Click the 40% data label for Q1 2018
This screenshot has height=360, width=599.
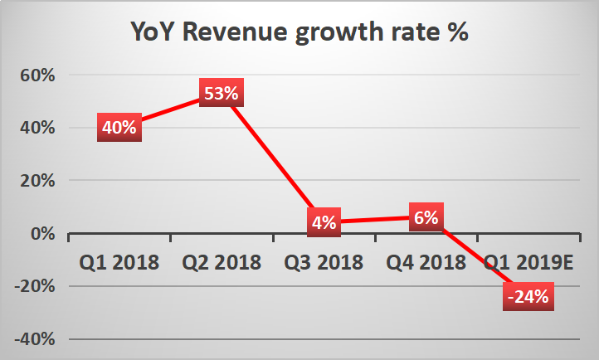click(x=119, y=127)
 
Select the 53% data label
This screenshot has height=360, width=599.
click(x=222, y=93)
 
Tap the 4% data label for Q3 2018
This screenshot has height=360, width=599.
click(x=324, y=222)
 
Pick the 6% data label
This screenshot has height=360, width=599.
click(x=426, y=216)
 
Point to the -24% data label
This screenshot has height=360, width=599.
click(x=528, y=296)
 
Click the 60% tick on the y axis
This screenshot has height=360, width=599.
click(x=37, y=75)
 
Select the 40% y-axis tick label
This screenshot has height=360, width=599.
click(x=37, y=128)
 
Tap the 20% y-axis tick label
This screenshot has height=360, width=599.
click(x=37, y=181)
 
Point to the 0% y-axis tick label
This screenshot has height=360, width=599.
click(x=43, y=233)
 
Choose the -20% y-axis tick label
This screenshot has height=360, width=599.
click(x=35, y=286)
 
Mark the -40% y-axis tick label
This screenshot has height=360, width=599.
click(x=35, y=339)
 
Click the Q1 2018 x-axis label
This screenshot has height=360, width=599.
click(x=119, y=262)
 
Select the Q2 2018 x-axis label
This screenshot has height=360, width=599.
click(x=222, y=262)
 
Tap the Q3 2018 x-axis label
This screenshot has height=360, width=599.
click(x=324, y=262)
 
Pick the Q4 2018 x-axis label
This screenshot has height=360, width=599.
click(x=426, y=262)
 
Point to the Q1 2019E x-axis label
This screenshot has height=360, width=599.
click(x=528, y=262)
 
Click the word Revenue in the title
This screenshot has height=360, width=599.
click(x=235, y=32)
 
